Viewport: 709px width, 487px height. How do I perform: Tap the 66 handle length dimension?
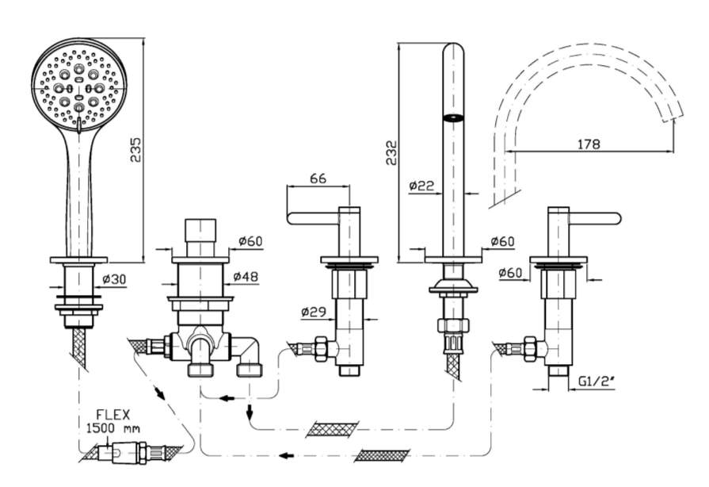(317, 178)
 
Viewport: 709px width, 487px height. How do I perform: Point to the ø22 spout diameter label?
(421, 186)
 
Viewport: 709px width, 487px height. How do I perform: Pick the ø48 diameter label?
(247, 277)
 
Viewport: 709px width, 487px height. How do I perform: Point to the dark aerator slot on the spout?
(453, 118)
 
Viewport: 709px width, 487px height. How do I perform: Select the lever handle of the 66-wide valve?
(313, 217)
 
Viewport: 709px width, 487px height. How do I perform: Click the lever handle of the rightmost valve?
(595, 217)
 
